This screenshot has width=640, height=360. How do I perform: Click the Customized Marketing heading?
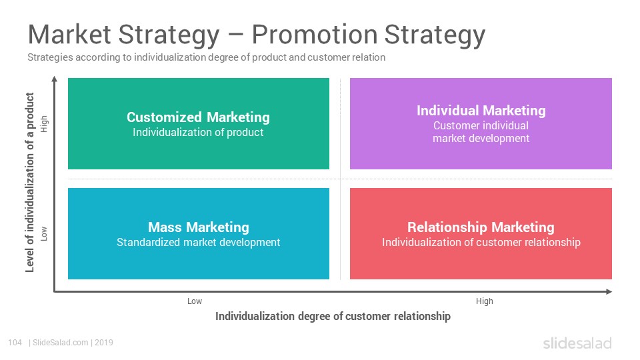click(198, 117)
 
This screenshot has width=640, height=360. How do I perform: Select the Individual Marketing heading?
click(481, 111)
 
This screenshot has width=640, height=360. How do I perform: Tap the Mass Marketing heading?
click(199, 227)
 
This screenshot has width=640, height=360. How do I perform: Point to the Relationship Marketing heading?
click(481, 227)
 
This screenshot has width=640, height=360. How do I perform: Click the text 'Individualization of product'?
click(198, 132)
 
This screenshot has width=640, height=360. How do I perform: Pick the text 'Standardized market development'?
click(199, 243)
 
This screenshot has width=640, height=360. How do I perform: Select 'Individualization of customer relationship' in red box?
click(481, 243)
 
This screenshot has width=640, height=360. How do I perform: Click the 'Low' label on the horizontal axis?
click(195, 301)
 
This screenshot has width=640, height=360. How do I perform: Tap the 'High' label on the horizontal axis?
click(485, 301)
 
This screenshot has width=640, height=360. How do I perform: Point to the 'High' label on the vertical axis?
click(44, 124)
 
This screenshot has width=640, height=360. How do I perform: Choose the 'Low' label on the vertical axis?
click(44, 233)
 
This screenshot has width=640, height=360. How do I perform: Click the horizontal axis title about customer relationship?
click(333, 316)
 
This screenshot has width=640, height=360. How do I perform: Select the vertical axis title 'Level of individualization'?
click(29, 183)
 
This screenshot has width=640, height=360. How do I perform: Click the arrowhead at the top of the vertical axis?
click(54, 79)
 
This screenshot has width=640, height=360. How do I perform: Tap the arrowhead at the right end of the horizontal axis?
click(609, 291)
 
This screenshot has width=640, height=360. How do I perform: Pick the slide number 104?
click(15, 343)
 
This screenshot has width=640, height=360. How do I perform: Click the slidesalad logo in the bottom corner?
click(577, 343)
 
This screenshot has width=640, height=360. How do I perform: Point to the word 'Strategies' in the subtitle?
click(50, 57)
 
